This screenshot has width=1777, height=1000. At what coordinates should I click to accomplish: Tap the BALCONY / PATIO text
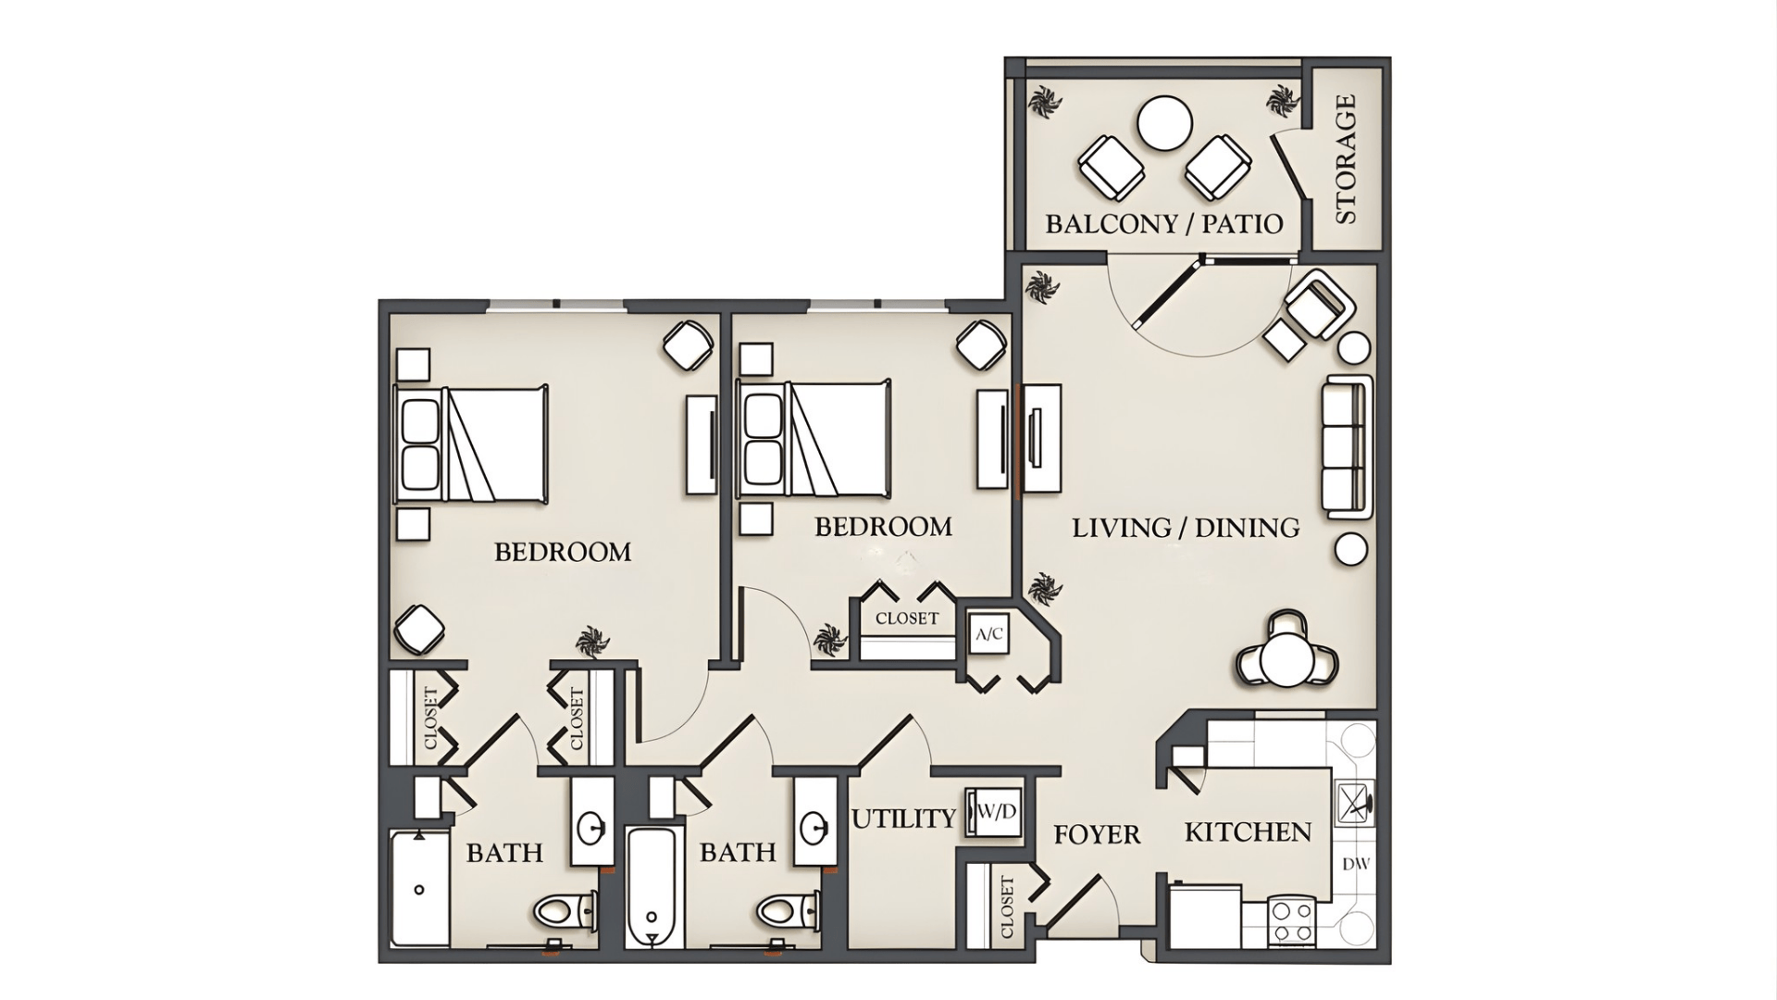pyautogui.click(x=1163, y=224)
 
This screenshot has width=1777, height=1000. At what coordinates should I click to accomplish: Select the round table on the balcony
pyautogui.click(x=1164, y=123)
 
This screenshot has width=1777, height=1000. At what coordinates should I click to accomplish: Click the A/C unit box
pyautogui.click(x=988, y=635)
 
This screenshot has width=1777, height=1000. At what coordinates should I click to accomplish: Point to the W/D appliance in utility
pyautogui.click(x=994, y=812)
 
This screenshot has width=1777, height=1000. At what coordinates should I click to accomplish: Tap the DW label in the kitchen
pyautogui.click(x=1355, y=864)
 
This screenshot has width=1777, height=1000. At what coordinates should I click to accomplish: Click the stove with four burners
pyautogui.click(x=1291, y=921)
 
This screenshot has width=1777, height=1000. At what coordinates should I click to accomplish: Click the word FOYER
pyautogui.click(x=1097, y=835)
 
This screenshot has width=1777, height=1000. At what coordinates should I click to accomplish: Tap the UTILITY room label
pyautogui.click(x=903, y=819)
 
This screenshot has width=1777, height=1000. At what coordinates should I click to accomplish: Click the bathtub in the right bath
pyautogui.click(x=652, y=887)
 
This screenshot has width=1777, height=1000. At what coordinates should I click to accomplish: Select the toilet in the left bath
pyautogui.click(x=565, y=911)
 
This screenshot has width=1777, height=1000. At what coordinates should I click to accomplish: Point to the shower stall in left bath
pyautogui.click(x=419, y=889)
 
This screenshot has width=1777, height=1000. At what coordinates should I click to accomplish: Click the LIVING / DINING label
pyautogui.click(x=1185, y=528)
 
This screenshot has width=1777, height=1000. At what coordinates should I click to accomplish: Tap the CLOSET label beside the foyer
pyautogui.click(x=1007, y=906)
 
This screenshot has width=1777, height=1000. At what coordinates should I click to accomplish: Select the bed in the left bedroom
pyautogui.click(x=472, y=444)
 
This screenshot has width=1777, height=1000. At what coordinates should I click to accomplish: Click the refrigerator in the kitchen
pyautogui.click(x=1205, y=917)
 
